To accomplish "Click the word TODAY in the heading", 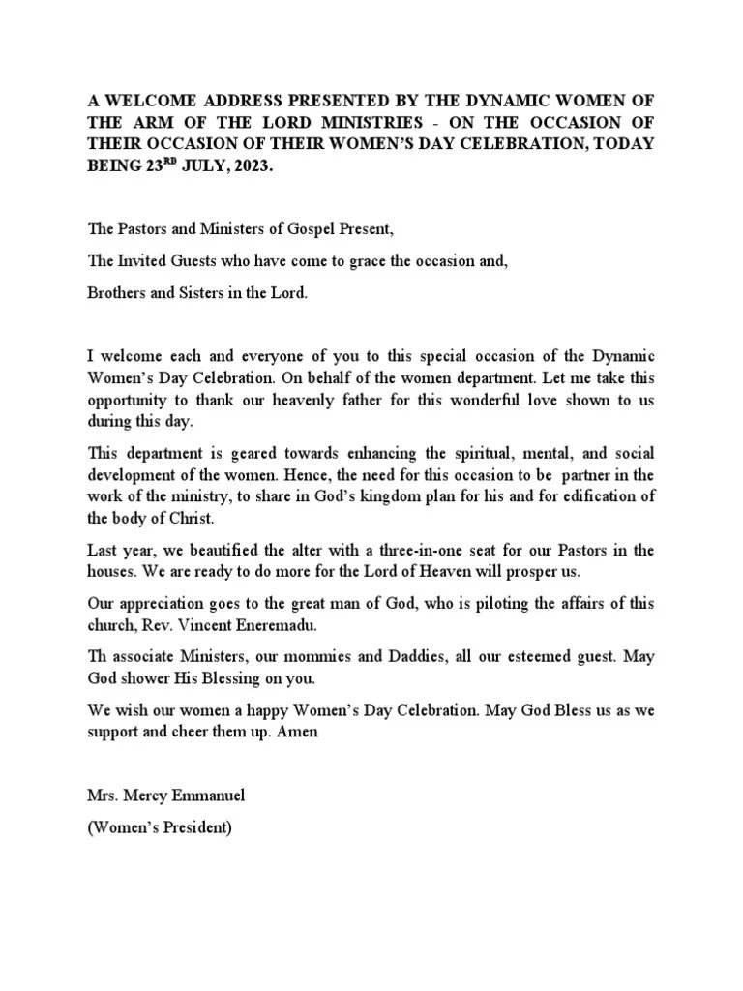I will (x=617, y=145).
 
